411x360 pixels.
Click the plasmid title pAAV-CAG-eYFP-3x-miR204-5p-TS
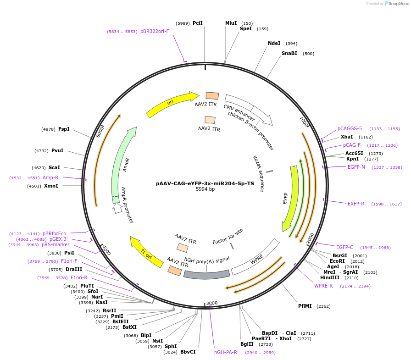(205, 183)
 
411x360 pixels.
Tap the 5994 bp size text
(205, 189)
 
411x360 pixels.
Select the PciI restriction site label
(198, 23)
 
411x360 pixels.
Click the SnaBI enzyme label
(289, 53)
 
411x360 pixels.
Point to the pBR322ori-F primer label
(155, 31)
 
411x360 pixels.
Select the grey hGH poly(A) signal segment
(207, 274)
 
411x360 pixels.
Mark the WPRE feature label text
(257, 260)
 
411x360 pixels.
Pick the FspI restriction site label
(64, 129)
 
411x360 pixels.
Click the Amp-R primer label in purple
(50, 177)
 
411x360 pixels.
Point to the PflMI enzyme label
(305, 306)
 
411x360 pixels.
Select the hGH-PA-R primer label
(226, 352)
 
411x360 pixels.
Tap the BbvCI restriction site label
(188, 352)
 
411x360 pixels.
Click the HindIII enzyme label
(330, 277)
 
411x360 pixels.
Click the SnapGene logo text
(397, 4)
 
